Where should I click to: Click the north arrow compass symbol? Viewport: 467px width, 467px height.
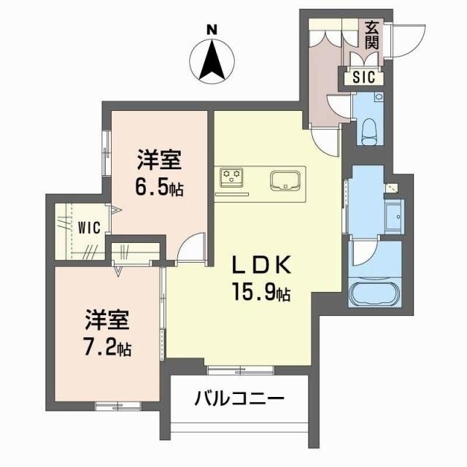(212, 60)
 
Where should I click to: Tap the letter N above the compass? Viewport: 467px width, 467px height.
(212, 28)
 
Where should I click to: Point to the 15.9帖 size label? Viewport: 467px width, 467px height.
(263, 293)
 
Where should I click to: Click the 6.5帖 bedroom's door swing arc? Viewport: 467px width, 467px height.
(191, 244)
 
